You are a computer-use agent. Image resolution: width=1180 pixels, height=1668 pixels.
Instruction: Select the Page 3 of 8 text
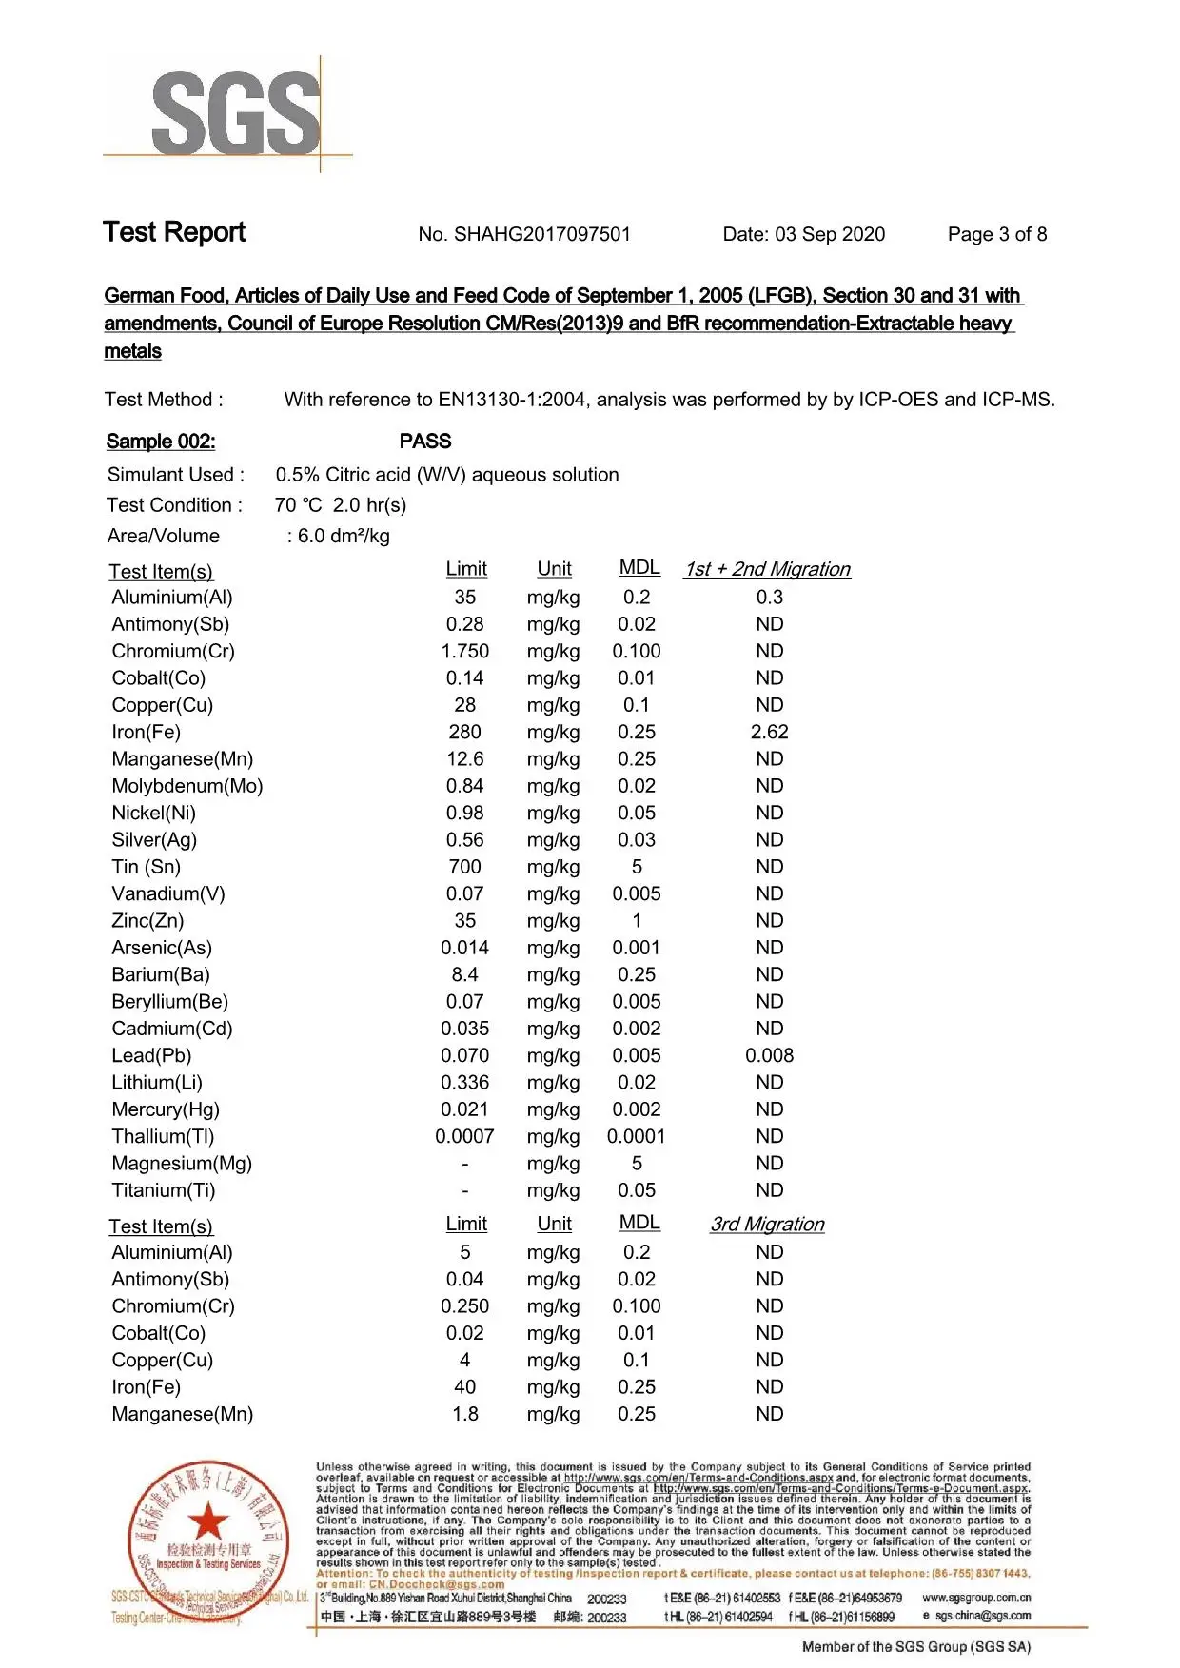(996, 235)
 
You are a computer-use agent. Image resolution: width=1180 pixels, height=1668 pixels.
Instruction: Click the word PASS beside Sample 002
(425, 442)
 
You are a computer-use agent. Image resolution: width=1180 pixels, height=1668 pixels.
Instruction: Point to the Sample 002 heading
(161, 442)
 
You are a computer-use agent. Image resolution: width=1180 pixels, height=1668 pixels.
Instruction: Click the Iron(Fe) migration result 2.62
(769, 733)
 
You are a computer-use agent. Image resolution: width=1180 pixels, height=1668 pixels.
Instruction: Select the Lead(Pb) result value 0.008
(769, 1056)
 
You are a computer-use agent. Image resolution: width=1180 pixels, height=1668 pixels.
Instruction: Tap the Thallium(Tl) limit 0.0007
(464, 1137)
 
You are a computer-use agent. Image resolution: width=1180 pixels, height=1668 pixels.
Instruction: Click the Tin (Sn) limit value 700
(464, 868)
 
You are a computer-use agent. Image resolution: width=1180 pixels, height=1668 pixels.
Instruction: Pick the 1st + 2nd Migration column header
(767, 570)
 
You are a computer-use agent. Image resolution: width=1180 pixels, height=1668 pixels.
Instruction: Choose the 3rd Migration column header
(767, 1225)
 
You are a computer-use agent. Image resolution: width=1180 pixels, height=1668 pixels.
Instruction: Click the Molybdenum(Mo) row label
(187, 787)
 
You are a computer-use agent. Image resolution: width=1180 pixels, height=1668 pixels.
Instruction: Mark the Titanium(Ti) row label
(164, 1191)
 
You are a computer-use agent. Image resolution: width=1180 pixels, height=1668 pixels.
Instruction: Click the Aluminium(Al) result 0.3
(769, 598)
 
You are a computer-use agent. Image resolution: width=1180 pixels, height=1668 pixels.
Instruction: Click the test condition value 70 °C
(298, 505)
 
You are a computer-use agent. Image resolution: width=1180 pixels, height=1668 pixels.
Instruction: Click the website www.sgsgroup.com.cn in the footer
(976, 1598)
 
